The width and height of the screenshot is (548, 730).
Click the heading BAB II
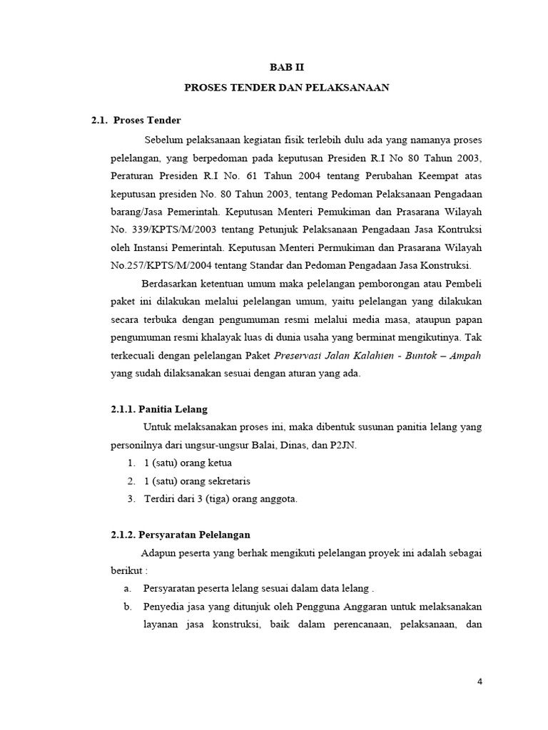pyautogui.click(x=285, y=68)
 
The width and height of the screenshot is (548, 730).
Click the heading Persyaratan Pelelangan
pyautogui.click(x=194, y=535)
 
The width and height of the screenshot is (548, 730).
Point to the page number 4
pyautogui.click(x=480, y=682)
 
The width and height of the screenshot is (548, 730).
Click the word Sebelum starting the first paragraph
pyautogui.click(x=163, y=138)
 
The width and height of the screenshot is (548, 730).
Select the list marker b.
pyautogui.click(x=128, y=607)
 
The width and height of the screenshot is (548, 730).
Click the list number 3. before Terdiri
pyautogui.click(x=131, y=499)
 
